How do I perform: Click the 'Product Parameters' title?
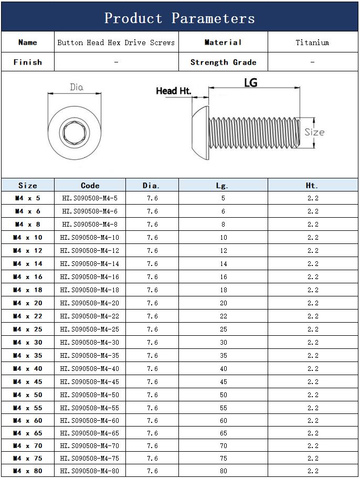pyautogui.click(x=179, y=18)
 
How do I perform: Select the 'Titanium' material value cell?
pyautogui.click(x=312, y=42)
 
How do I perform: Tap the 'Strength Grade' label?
pyautogui.click(x=223, y=62)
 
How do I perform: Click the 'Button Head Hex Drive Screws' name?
pyautogui.click(x=116, y=42)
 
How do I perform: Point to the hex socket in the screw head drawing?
pyautogui.click(x=72, y=130)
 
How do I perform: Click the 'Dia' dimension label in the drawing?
pyautogui.click(x=77, y=87)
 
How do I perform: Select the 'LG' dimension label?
pyautogui.click(x=251, y=82)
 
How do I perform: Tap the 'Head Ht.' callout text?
pyautogui.click(x=173, y=91)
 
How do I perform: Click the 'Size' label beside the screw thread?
pyautogui.click(x=314, y=132)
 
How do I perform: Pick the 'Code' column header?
pyautogui.click(x=90, y=185)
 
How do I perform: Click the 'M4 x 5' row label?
pyautogui.click(x=27, y=198)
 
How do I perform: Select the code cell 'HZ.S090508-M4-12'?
pyautogui.click(x=90, y=251)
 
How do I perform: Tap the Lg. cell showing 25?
pyautogui.click(x=223, y=329)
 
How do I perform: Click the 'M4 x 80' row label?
pyautogui.click(x=27, y=471)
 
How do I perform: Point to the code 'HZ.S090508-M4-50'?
pyautogui.click(x=90, y=395)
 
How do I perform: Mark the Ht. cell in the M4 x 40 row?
pyautogui.click(x=313, y=369)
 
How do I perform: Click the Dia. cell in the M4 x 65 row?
pyautogui.click(x=152, y=433)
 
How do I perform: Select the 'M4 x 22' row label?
pyautogui.click(x=27, y=316)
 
